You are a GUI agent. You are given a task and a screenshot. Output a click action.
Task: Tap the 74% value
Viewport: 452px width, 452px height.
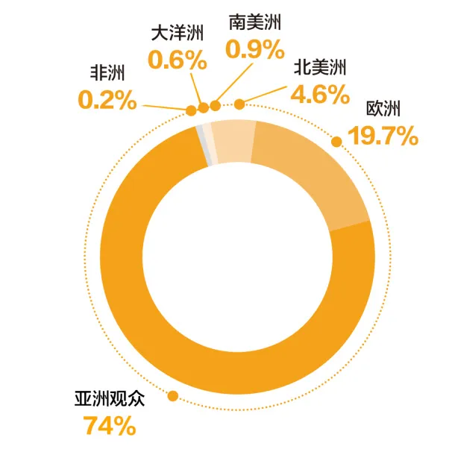pos(109,426)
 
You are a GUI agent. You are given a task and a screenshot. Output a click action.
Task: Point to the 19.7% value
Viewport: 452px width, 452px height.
pos(380,136)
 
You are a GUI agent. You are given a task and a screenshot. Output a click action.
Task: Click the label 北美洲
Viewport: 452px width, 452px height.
pos(318,69)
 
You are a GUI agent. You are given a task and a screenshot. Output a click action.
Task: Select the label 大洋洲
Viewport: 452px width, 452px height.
pos(177,34)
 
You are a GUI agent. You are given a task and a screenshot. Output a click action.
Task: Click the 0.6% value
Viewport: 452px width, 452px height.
pos(177,60)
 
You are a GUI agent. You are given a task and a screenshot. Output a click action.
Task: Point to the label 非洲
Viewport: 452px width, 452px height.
pos(107,73)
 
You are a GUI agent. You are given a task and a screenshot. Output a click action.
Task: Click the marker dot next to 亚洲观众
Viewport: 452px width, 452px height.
pos(173,396)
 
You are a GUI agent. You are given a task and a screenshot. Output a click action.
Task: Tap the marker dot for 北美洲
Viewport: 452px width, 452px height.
pos(239,104)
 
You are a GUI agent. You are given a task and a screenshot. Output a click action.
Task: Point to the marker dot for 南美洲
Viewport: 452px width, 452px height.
pos(215,107)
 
